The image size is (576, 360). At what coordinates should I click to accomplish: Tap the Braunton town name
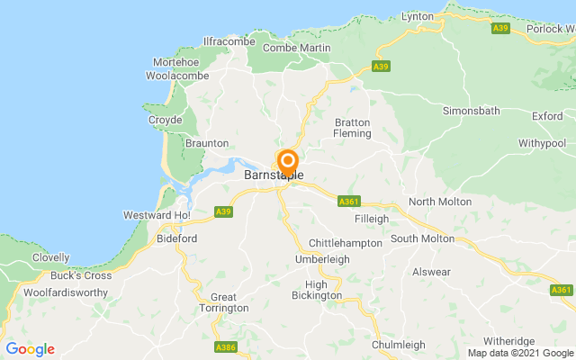(x=207, y=143)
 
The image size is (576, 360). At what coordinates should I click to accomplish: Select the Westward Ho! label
(x=157, y=216)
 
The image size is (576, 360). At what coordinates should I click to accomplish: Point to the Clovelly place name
(x=51, y=257)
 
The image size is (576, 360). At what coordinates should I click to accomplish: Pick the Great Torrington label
(x=223, y=303)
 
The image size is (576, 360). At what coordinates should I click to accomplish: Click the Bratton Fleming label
(x=353, y=128)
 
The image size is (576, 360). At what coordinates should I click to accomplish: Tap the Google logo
(x=30, y=349)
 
